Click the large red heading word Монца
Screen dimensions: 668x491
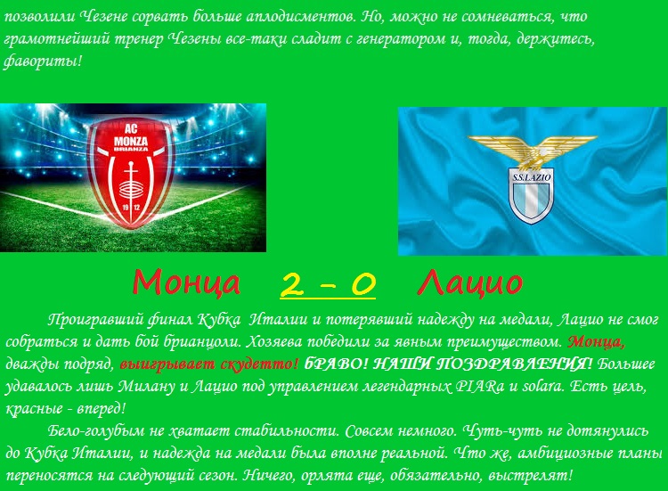(x=186, y=282)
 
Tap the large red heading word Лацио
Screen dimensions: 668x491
(x=470, y=282)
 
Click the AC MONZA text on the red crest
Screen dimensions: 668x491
(x=131, y=135)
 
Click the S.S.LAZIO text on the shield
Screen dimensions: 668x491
(x=531, y=176)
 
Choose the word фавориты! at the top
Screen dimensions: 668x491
(x=42, y=61)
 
